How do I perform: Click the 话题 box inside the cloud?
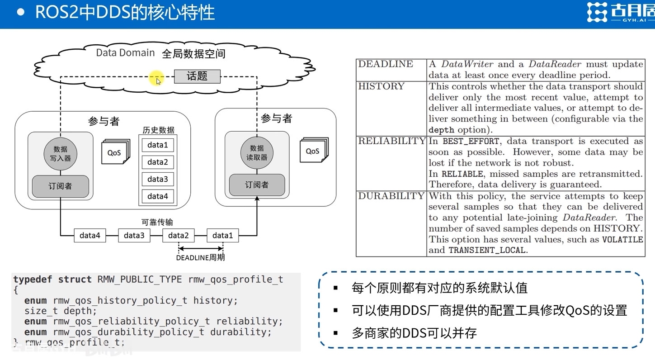[197, 76]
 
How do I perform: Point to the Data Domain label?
[125, 53]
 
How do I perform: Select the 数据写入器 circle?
[60, 154]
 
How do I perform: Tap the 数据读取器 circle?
[256, 153]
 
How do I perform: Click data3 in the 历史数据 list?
[157, 179]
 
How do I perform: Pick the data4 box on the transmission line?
[90, 235]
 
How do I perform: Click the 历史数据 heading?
[158, 130]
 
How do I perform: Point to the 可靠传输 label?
[157, 222]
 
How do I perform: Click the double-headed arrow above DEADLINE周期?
[201, 248]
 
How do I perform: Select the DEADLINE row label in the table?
[386, 64]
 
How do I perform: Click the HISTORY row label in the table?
[381, 86]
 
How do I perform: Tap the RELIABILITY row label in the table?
[391, 141]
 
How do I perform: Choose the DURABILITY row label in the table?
[391, 196]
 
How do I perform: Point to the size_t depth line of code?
[61, 311]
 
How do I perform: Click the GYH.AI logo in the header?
[620, 12]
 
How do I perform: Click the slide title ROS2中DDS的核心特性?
[125, 12]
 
